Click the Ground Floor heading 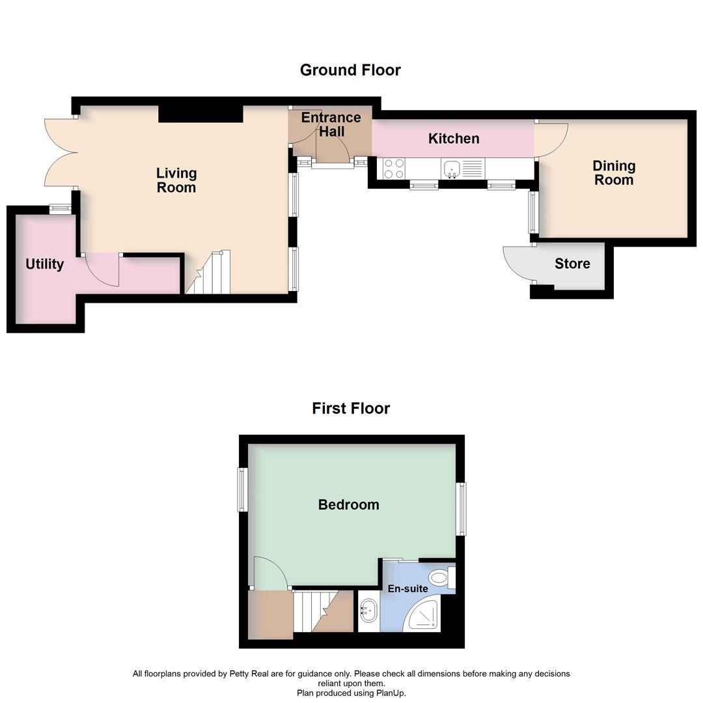pos(350,70)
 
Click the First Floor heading pos(351,409)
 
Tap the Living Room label pos(176,180)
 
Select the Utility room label pos(45,264)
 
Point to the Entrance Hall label pos(331,124)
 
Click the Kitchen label pos(454,139)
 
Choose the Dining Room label pos(614,173)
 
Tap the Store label pos(572,264)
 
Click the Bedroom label pos(348,504)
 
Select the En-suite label pos(407,589)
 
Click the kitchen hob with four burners pos(394,169)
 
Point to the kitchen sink pos(452,169)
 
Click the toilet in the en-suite pos(441,577)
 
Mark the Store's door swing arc pos(517,264)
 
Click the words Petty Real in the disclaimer pos(248,674)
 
